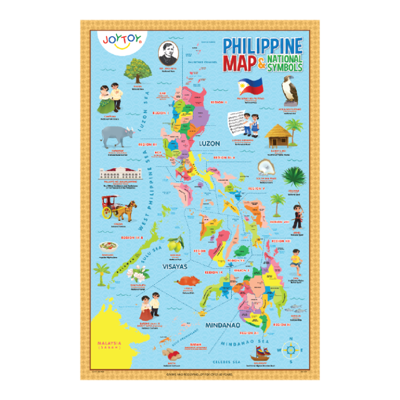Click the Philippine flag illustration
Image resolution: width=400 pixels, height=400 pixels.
tap(250, 87)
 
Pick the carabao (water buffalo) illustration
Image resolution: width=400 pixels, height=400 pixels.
tap(118, 137)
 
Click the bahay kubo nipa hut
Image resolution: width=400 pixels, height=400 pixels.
tap(278, 134)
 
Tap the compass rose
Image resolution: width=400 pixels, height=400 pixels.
tap(291, 349)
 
